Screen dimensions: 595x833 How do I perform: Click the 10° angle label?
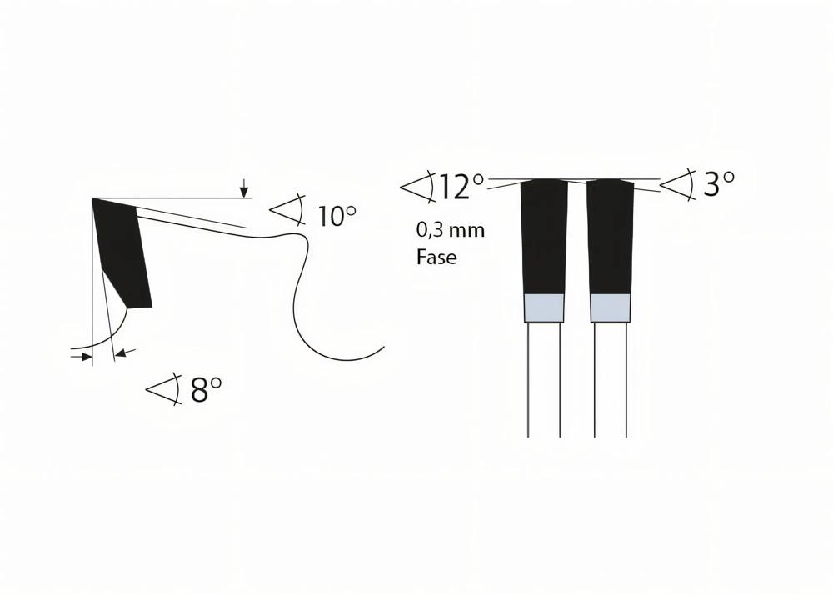pos(337,216)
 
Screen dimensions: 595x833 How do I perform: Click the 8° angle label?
pos(206,389)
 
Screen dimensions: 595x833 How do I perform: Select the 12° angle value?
pos(461,187)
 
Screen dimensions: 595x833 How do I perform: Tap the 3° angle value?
pos(718,184)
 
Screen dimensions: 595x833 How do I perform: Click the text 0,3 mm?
pos(450,230)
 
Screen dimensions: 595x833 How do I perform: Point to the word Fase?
pos(436,257)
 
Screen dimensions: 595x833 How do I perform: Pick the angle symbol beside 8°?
pos(164,388)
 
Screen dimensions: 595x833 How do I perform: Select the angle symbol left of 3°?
pos(678,185)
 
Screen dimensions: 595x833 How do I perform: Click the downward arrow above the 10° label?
pos(243,190)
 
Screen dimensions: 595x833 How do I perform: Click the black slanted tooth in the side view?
pos(122,250)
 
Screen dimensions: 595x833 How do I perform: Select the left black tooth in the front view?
pos(543,237)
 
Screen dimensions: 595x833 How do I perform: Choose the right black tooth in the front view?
pos(610,237)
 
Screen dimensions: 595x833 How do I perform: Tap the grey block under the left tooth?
pos(543,308)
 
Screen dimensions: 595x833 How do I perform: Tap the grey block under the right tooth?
pos(610,308)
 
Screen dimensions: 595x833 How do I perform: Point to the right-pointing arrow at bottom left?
pos(85,356)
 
